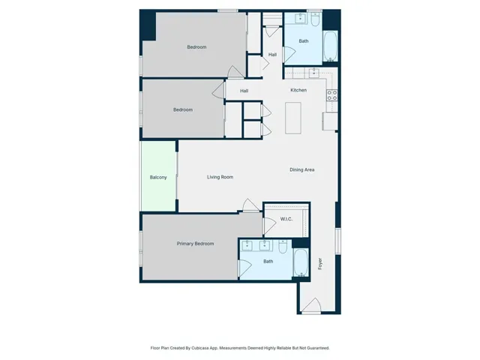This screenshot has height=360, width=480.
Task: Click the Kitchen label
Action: coord(298,91)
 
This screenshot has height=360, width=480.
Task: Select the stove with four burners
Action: coord(332,95)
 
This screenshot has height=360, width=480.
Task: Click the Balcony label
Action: coord(158,178)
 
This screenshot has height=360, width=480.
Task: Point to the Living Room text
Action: coord(220,178)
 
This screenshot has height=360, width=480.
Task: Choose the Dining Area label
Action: coord(301,170)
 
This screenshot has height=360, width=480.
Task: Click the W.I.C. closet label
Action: coord(286,219)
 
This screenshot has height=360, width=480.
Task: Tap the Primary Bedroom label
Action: coord(195,244)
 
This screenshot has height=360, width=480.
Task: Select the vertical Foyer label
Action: coord(319,264)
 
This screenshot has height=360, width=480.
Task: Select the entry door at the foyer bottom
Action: coord(310,306)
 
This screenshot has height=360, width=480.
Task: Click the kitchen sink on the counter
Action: coord(314,73)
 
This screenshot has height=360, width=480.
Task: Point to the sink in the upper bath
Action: coord(299,17)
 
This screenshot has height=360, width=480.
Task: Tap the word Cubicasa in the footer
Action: coord(200,348)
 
